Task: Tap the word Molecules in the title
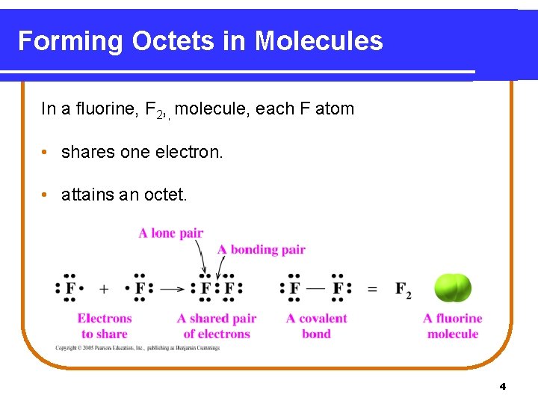click(318, 40)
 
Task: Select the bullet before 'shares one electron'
click(46, 153)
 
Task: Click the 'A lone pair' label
click(170, 233)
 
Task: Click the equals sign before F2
click(371, 289)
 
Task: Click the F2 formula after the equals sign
click(403, 290)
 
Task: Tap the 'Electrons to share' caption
click(105, 326)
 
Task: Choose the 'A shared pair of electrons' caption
click(217, 326)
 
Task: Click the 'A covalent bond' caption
click(316, 326)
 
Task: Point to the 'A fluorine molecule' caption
click(453, 326)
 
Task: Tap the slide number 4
click(502, 387)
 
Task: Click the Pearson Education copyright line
click(138, 348)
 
